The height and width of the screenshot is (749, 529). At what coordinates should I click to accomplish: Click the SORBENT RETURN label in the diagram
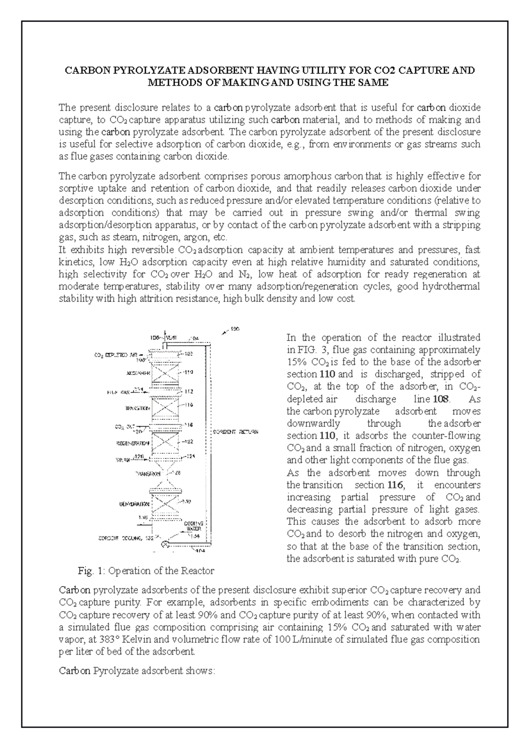pyautogui.click(x=236, y=432)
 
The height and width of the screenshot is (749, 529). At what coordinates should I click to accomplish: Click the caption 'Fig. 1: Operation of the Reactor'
pyautogui.click(x=145, y=571)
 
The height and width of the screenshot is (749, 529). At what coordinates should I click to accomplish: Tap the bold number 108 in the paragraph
pyautogui.click(x=441, y=399)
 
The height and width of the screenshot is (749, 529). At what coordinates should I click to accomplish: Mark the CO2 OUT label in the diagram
pyautogui.click(x=124, y=427)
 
